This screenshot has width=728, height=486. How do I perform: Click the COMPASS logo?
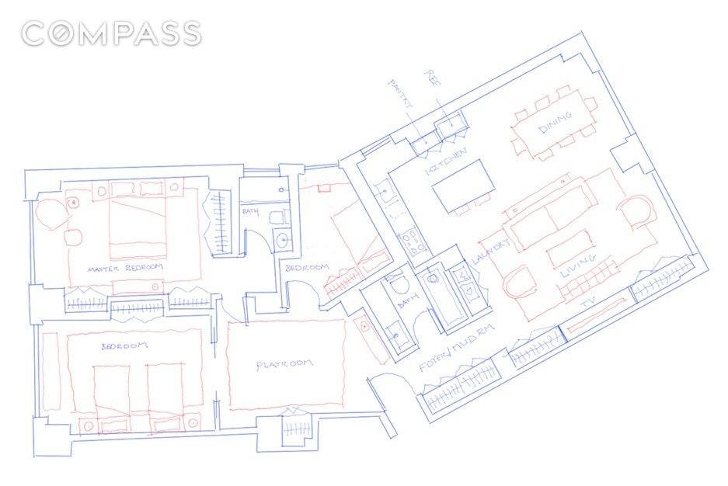111,34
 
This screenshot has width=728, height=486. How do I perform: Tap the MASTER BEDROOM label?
126,269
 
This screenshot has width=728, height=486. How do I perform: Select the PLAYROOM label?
284,365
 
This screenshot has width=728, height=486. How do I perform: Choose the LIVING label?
580,266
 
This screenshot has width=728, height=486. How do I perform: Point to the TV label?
588,309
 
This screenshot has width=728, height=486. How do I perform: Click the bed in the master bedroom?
138,220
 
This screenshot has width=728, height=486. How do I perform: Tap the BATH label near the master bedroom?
250,210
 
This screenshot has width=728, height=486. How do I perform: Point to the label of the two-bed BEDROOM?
124,346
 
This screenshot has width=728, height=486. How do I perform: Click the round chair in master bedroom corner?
51,212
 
